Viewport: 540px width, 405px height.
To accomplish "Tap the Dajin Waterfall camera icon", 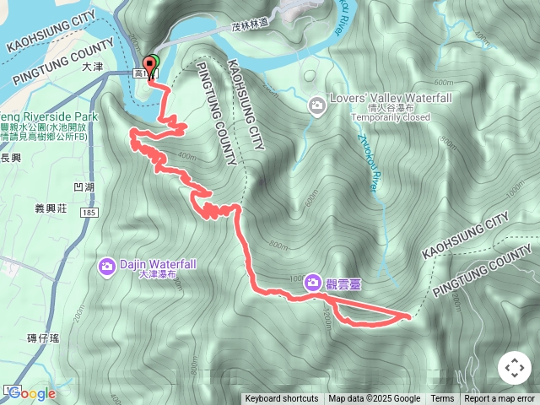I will coord(107,267).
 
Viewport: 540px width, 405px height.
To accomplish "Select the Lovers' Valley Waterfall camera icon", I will coord(317,105).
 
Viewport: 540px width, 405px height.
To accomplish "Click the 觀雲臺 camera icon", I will coord(313,282).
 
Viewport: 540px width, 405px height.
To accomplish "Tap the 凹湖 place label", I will coord(84,186).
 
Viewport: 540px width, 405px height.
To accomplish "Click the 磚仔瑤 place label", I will coord(43,337).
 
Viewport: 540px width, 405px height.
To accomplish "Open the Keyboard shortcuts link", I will coord(282,399).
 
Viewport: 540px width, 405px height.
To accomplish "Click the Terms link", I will coord(442,399).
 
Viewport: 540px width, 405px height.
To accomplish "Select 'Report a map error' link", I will coord(499,399).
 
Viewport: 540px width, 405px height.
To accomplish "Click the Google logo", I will coord(31,393).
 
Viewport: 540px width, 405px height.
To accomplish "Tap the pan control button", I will coord(514,368).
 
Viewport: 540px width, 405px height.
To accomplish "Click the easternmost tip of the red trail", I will coord(410,316).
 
